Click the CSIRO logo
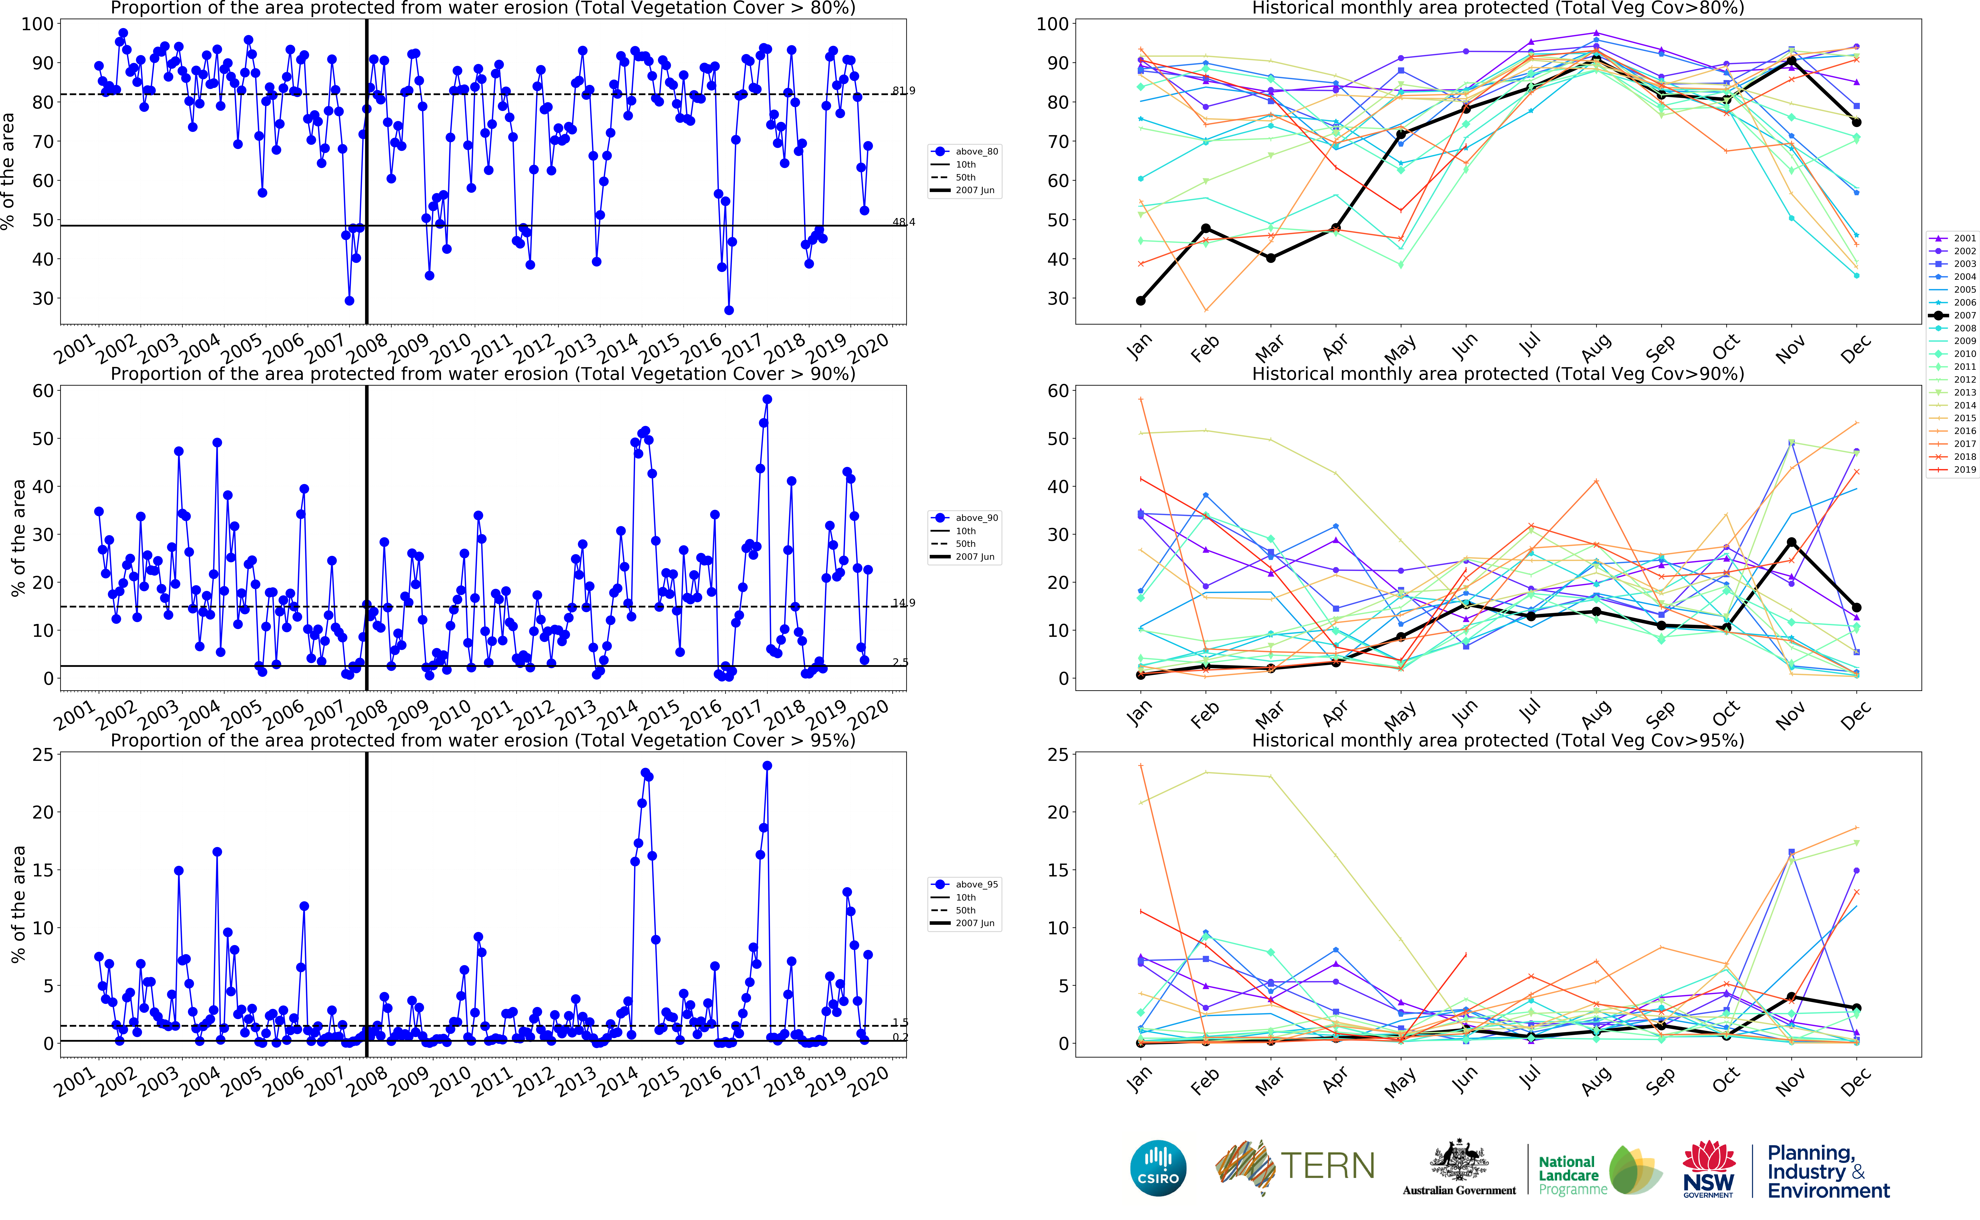tap(1158, 1168)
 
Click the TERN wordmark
tap(1327, 1166)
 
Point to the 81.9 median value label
tap(903, 91)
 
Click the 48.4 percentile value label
tap(903, 222)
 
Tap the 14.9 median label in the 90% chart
tap(903, 603)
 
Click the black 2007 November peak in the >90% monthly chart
tap(1791, 542)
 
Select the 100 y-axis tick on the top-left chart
tap(37, 24)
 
